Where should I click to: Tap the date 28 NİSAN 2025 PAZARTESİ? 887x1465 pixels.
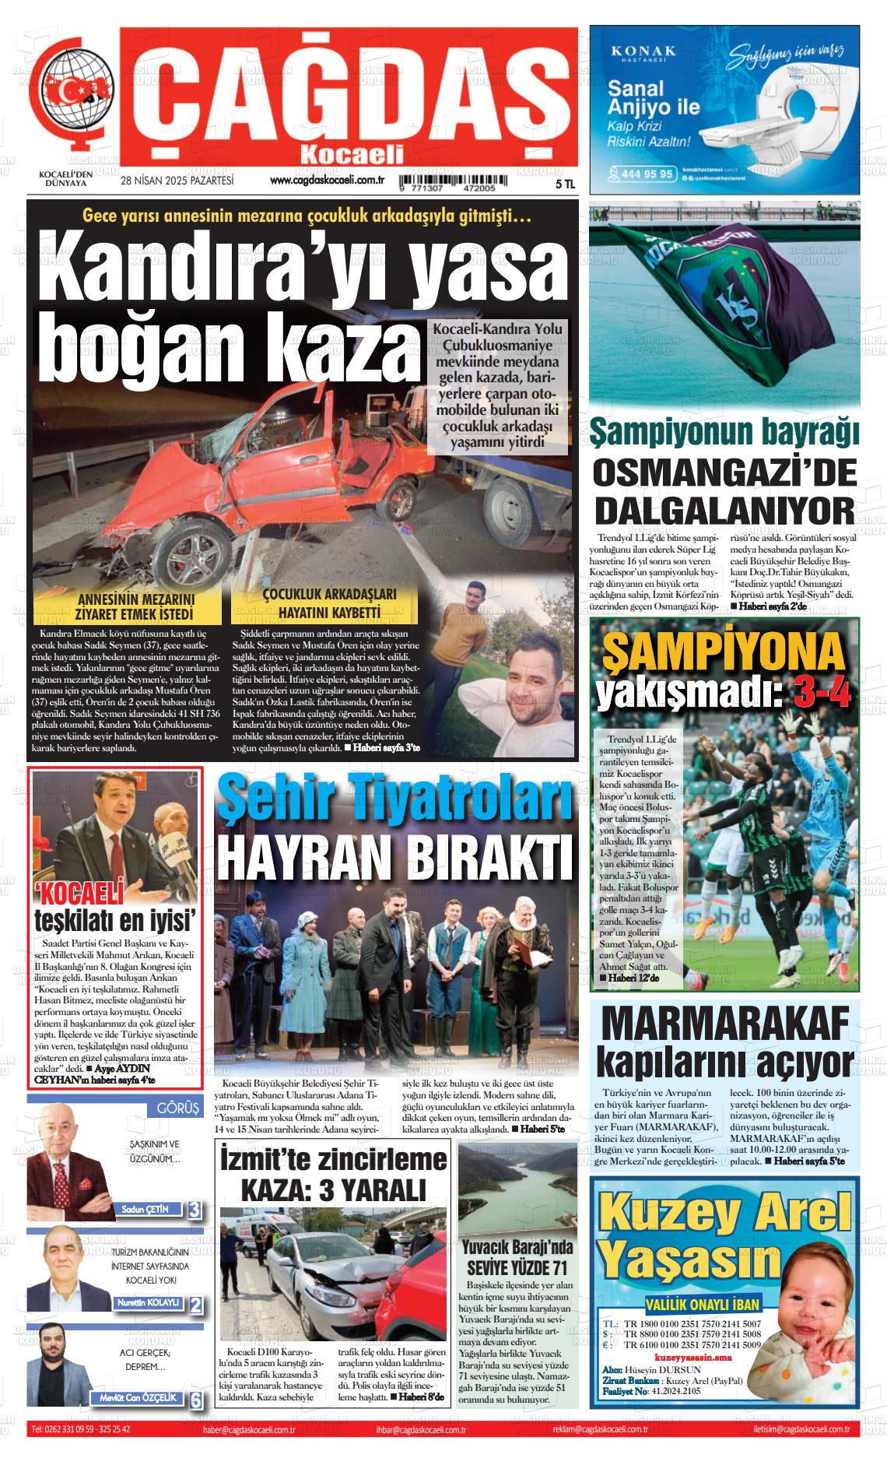coord(177,181)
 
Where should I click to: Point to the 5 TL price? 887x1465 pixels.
coord(565,184)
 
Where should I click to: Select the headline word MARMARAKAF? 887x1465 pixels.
coord(724,1026)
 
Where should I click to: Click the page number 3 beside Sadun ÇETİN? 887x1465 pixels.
coord(195,1210)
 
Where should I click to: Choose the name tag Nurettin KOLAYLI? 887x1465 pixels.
coord(147,1302)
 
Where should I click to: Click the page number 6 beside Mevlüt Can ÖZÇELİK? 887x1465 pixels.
coord(196,1399)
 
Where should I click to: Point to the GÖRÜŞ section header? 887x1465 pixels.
coord(177,1108)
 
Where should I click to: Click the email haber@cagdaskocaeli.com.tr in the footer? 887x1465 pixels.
coord(248,1429)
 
